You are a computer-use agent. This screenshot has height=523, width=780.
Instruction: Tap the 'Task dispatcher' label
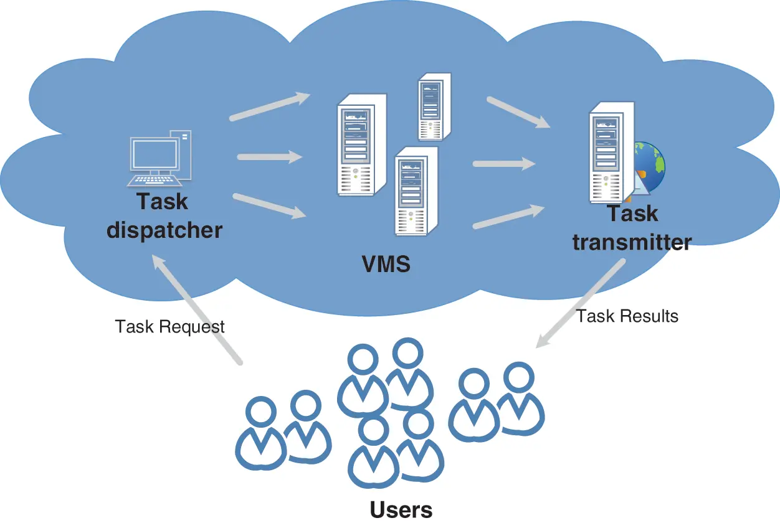click(164, 216)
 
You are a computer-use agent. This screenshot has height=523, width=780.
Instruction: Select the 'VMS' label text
click(386, 264)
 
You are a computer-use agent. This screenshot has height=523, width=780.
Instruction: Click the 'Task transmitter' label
click(632, 227)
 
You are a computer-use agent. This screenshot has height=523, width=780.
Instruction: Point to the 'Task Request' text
click(169, 326)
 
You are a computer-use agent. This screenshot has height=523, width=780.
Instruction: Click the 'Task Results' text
click(627, 316)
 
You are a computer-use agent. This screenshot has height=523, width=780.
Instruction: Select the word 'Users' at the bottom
click(401, 509)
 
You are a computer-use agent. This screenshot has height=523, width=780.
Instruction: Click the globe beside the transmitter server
click(649, 166)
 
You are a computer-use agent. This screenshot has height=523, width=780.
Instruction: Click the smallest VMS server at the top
click(434, 106)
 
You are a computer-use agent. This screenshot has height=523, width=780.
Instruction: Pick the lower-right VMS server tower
click(415, 189)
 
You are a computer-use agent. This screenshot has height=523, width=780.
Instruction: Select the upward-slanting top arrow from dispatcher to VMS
click(269, 106)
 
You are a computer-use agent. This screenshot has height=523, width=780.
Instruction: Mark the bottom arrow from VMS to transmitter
click(508, 217)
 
